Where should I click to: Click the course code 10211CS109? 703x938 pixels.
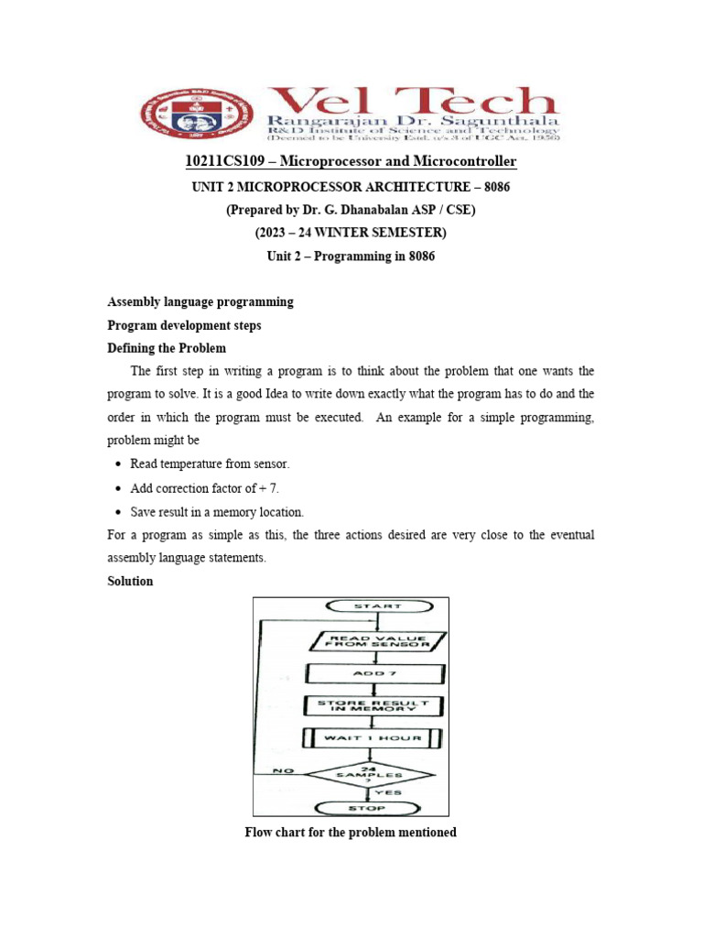[226, 162]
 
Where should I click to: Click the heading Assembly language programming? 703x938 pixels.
[200, 301]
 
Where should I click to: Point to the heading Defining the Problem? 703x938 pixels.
[167, 349]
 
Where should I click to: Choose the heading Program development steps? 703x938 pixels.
[184, 325]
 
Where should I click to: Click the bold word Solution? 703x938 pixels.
[130, 582]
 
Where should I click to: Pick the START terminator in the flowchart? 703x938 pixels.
[375, 605]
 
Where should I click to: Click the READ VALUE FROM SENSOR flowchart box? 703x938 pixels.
[375, 640]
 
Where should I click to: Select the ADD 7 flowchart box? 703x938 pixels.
[375, 673]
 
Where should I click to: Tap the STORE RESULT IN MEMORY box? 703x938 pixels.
[375, 706]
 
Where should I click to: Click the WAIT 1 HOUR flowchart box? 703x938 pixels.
[375, 738]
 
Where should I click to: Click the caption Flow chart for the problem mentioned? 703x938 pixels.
[351, 833]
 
